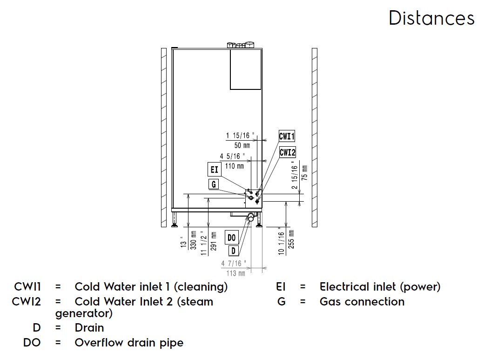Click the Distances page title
[x=431, y=18]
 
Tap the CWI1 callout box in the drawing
[x=287, y=136]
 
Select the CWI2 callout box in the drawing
[x=288, y=152]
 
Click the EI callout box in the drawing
[x=214, y=170]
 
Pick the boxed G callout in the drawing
[x=214, y=184]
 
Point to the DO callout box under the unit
[x=231, y=238]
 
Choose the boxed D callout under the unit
[x=233, y=250]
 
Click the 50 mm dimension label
[x=242, y=145]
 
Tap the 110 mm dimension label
[x=234, y=166]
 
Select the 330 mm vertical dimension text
[x=194, y=240]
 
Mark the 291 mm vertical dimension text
[x=214, y=241]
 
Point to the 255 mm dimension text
[x=291, y=239]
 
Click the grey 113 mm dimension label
[x=235, y=273]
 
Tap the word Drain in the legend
[x=89, y=327]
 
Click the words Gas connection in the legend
[x=362, y=301]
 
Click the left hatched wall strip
[x=164, y=137]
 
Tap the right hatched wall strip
[x=315, y=137]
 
